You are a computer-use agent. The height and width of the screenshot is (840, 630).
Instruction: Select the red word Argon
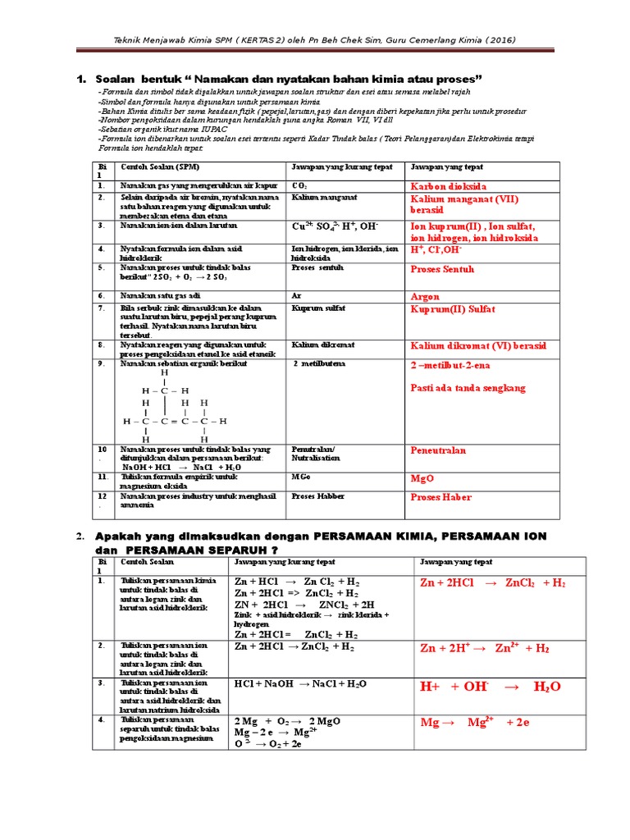[426, 296]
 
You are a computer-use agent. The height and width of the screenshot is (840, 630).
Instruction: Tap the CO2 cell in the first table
[298, 186]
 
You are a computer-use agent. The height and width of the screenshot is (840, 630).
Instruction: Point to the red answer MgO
[422, 477]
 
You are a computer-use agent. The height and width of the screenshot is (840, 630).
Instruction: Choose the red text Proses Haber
[441, 497]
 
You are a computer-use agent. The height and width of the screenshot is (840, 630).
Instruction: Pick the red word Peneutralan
[438, 450]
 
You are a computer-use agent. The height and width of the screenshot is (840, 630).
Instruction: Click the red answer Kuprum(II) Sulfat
[453, 309]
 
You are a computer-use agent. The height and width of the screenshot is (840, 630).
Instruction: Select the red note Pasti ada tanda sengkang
[468, 388]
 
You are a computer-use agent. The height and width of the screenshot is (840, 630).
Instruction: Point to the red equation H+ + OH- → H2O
[491, 687]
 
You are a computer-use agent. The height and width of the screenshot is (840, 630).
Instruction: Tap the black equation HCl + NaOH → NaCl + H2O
[299, 683]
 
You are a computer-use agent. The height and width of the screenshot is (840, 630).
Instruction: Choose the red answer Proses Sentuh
[442, 269]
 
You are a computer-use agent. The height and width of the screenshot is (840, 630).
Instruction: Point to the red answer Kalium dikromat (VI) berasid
[478, 345]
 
